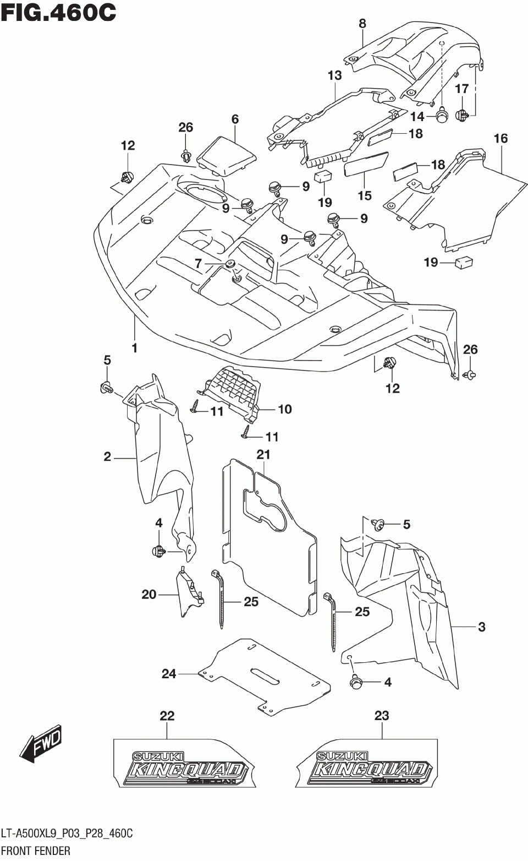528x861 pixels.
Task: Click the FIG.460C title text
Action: point(58,12)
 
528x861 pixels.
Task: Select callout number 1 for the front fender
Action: point(134,348)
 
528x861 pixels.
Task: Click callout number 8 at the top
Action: point(362,23)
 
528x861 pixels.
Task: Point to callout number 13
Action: point(334,75)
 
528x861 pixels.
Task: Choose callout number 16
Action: point(501,139)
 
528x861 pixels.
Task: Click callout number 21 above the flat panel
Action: point(263,455)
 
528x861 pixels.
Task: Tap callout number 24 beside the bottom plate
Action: point(168,673)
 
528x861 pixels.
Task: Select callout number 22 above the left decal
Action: point(167,716)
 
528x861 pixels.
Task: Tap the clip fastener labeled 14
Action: point(441,116)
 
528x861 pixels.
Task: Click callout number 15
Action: point(364,195)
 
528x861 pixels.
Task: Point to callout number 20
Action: point(148,595)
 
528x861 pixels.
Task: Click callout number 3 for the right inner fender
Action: point(481,626)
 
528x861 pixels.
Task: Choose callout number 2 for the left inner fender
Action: point(107,456)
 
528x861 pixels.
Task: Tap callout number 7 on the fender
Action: point(199,264)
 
